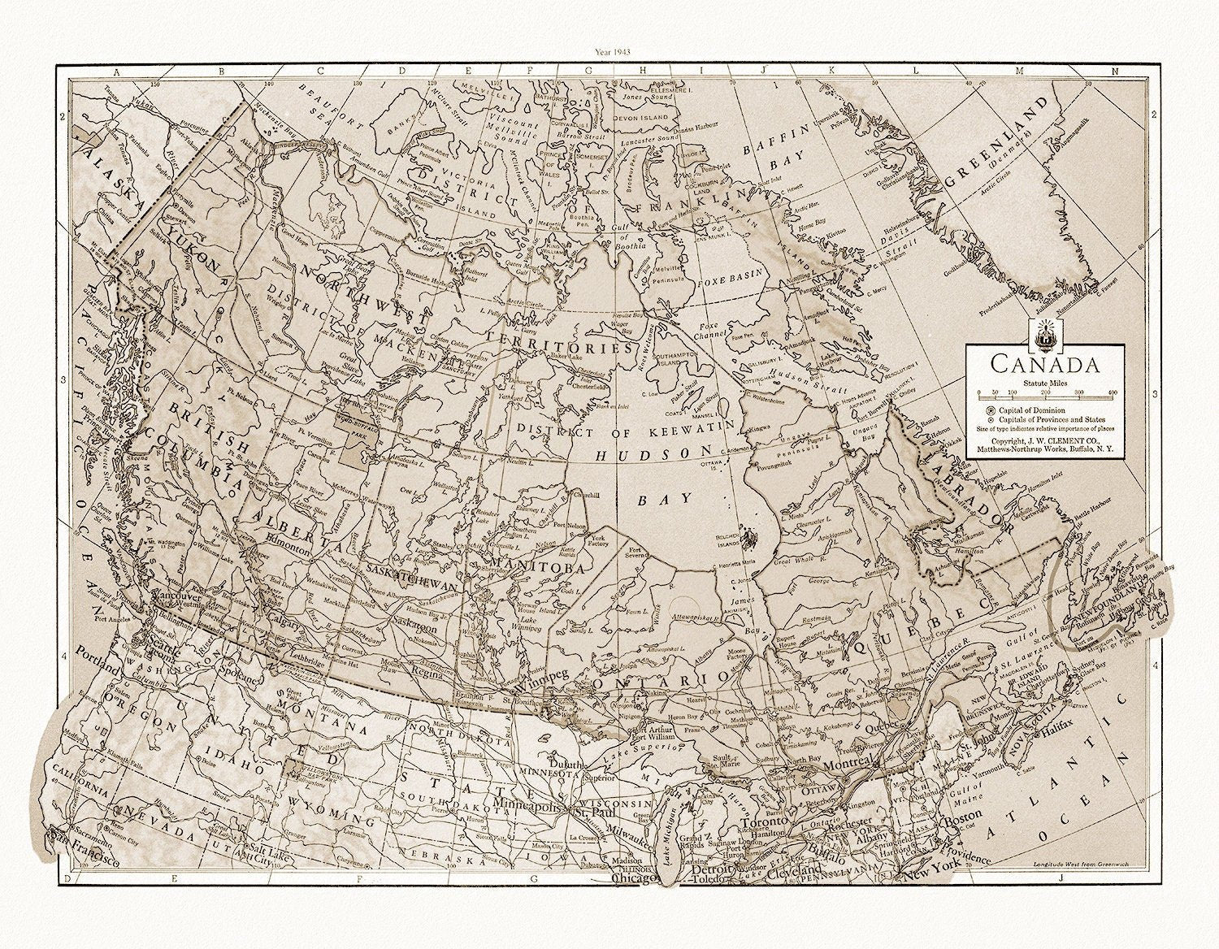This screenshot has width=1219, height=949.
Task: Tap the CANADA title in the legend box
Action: point(1044,363)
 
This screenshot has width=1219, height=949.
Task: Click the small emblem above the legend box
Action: point(1043,333)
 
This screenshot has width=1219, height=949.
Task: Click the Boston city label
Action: point(958,822)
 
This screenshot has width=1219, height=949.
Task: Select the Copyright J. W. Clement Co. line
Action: point(1044,438)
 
